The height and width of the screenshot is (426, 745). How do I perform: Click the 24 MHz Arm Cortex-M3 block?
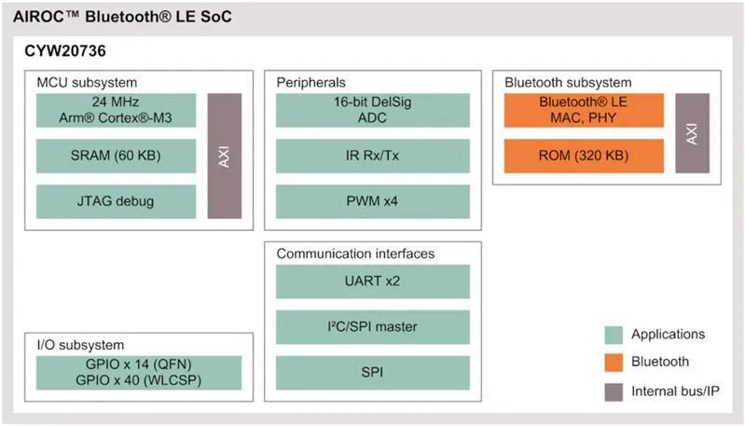[116, 110]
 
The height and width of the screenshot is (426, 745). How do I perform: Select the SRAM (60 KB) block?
[116, 156]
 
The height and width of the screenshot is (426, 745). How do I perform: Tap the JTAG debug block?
[116, 201]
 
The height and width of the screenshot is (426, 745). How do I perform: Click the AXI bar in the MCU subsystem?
[225, 156]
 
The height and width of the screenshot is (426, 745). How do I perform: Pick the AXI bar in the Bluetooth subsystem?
[692, 133]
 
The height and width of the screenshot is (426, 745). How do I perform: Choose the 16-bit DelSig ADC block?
[373, 110]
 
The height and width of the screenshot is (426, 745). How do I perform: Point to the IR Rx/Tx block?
[373, 156]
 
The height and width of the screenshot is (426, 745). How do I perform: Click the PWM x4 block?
[373, 201]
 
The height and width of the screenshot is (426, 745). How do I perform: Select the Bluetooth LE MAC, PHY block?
[584, 110]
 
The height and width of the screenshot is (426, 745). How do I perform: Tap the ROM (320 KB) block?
[584, 156]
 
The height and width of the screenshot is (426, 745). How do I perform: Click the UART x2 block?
[373, 282]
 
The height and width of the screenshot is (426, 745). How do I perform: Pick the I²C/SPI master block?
[373, 327]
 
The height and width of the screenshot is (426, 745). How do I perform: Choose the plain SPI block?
[373, 372]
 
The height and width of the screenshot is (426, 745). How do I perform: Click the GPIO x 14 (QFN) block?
[139, 372]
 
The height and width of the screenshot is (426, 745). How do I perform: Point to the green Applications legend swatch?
[614, 335]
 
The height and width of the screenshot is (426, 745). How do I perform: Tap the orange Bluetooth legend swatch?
[614, 363]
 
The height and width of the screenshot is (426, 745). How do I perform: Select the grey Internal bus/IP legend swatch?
[614, 392]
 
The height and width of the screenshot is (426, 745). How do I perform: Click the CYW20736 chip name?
[65, 51]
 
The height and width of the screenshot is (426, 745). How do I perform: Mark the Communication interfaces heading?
[355, 254]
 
